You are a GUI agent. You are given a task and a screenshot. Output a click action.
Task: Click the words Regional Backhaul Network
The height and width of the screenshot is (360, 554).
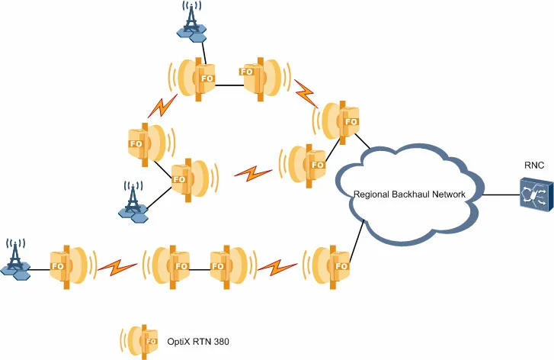tap(410, 194)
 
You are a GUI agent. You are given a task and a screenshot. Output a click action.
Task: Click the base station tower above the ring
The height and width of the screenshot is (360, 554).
tap(192, 21)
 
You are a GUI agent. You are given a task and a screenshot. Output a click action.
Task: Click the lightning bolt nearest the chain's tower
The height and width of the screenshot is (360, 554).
tap(119, 267)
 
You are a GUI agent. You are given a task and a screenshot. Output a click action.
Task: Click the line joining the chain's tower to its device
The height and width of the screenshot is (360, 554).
tap(39, 266)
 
